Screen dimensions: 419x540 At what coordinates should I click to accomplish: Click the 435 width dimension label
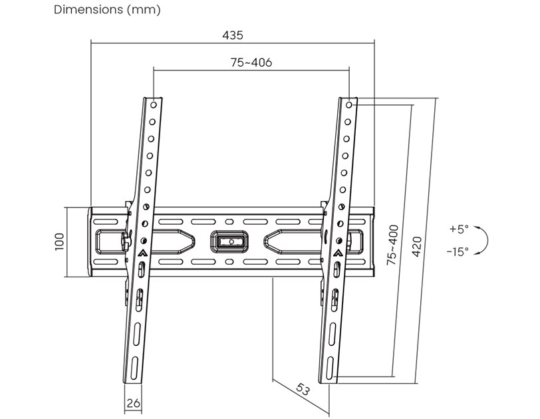click(233, 34)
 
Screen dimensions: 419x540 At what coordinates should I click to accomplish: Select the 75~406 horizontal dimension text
click(251, 63)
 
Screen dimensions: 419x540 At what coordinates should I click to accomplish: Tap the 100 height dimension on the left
click(59, 241)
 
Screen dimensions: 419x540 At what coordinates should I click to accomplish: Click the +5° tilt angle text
click(459, 229)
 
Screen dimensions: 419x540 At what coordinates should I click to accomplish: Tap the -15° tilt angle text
click(458, 251)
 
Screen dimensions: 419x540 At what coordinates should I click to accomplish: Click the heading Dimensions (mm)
click(107, 10)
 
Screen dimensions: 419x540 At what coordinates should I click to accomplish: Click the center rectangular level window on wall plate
click(228, 239)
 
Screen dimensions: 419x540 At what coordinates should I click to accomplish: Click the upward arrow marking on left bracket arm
click(144, 253)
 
